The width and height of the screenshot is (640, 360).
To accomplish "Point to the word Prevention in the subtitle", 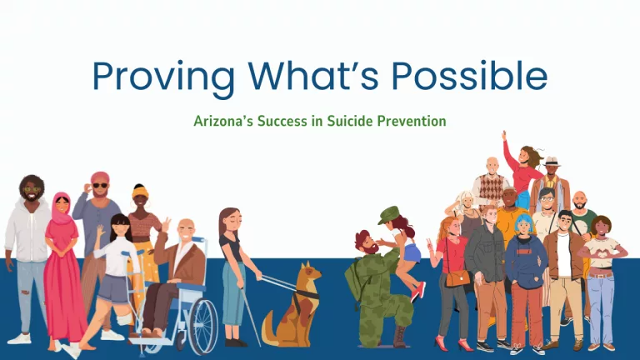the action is click(x=412, y=121).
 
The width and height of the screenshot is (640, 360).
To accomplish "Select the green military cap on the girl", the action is click(x=387, y=215).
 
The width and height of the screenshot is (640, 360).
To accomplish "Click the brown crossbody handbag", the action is click(x=457, y=278).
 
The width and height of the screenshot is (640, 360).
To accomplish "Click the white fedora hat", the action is click(x=551, y=161).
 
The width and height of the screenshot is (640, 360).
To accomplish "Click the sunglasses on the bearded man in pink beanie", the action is click(x=100, y=186).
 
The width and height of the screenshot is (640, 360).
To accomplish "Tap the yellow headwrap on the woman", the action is click(x=140, y=191).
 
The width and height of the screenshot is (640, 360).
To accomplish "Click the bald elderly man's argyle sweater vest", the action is click(x=491, y=187).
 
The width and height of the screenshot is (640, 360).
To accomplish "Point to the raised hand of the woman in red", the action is click(x=504, y=136).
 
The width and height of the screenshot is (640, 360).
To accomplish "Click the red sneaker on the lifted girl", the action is click(x=418, y=292).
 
